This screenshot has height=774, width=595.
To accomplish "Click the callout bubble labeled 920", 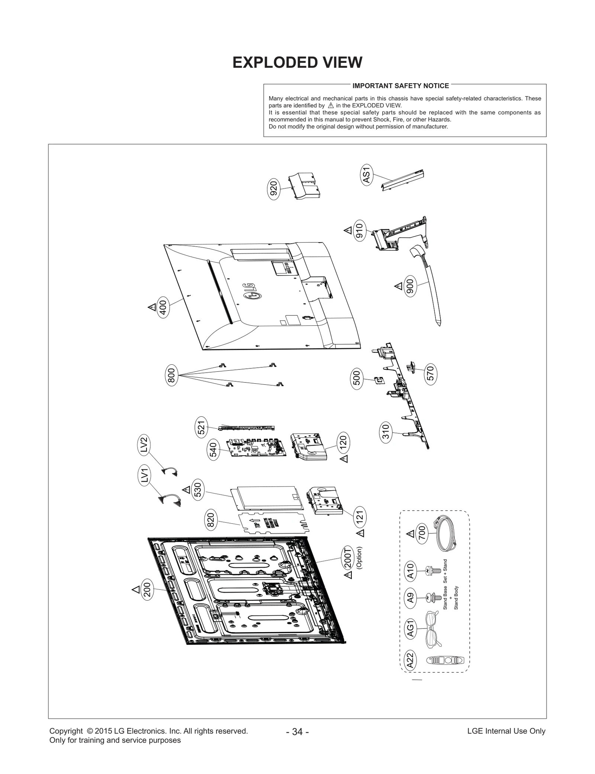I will (x=274, y=190).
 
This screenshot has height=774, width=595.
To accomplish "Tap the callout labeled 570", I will (x=430, y=373).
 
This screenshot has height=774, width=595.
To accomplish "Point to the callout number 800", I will (x=171, y=375).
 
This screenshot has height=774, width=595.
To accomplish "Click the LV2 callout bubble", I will (x=144, y=445).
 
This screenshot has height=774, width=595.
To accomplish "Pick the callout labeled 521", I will (x=201, y=427).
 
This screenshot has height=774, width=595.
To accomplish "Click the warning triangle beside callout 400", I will (x=152, y=307).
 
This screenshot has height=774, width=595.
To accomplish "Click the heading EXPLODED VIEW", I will (x=297, y=62).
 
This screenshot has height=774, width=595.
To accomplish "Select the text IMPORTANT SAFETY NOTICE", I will (x=401, y=86).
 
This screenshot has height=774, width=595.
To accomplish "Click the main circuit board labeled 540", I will (x=256, y=448).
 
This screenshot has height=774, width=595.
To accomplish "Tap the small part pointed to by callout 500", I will (x=379, y=380).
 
